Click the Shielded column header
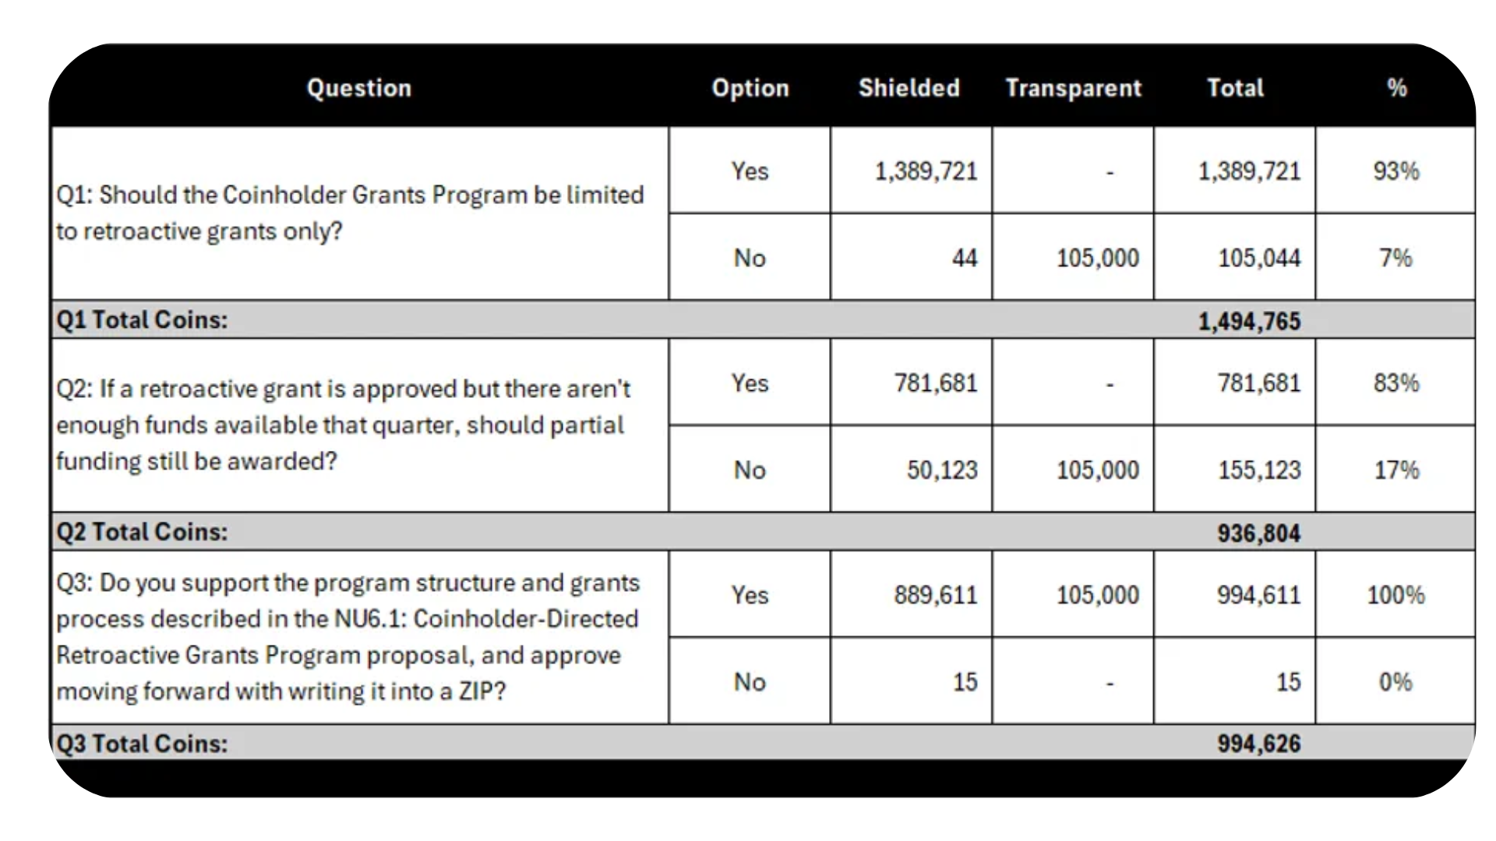(x=909, y=88)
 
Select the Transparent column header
(x=1073, y=88)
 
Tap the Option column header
(x=750, y=88)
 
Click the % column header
(x=1396, y=88)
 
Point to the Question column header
(x=359, y=88)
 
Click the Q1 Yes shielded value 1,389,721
(x=926, y=171)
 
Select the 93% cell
(x=1396, y=171)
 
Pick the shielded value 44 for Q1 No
(x=964, y=258)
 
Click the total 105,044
(x=1259, y=258)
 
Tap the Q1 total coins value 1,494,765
(x=1249, y=321)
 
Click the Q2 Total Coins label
(x=142, y=532)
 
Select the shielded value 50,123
(x=941, y=470)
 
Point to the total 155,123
(x=1259, y=470)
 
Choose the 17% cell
(x=1396, y=470)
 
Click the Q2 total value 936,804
(x=1258, y=533)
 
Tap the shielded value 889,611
(x=935, y=596)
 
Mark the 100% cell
(x=1395, y=596)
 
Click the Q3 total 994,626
(x=1258, y=744)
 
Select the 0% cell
(x=1395, y=682)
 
